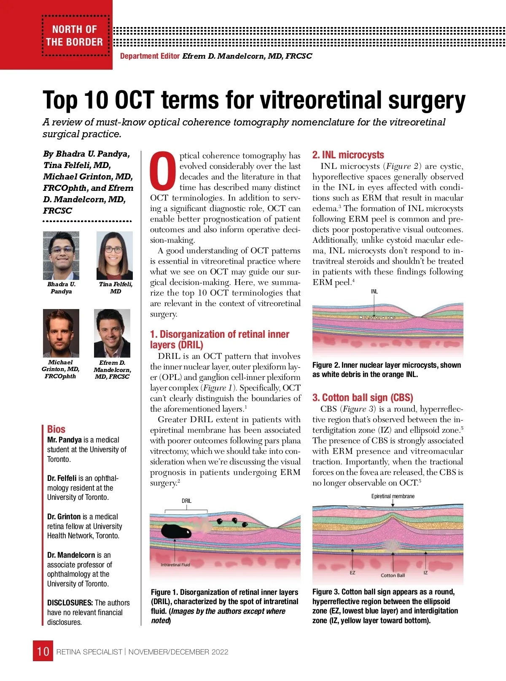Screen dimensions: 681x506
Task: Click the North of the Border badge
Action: [75, 35]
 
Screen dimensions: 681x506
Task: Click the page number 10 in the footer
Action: [43, 651]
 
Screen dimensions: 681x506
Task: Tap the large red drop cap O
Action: [163, 171]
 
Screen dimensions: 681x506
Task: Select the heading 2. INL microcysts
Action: [348, 155]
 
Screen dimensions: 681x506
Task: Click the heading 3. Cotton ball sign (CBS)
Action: [362, 398]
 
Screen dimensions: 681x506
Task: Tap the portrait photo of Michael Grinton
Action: [61, 333]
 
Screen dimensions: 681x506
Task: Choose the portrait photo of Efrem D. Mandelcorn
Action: [112, 333]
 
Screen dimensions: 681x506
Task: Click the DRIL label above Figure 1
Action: [186, 501]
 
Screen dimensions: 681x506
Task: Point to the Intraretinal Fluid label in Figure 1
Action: [175, 564]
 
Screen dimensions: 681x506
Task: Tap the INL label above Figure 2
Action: [374, 291]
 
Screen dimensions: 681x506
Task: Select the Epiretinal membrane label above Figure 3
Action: [393, 496]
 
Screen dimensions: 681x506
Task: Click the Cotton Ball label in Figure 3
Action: [393, 575]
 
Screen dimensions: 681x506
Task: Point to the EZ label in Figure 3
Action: [353, 573]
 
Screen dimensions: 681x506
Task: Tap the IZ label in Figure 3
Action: [425, 573]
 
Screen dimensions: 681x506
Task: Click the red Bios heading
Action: [56, 429]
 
